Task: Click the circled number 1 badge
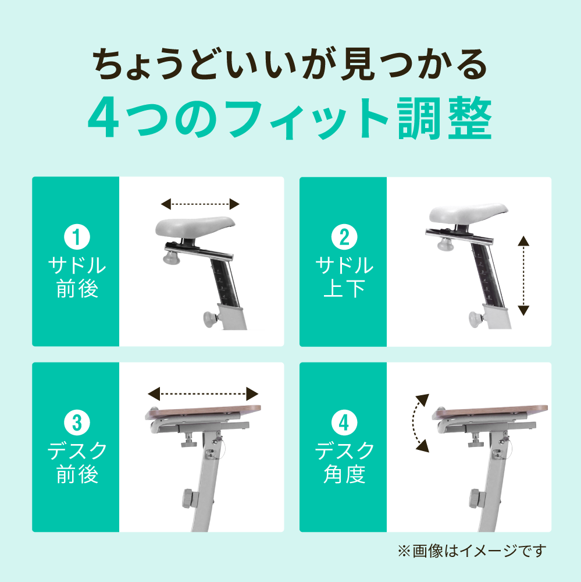[x=77, y=237]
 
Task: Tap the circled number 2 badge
[x=344, y=237]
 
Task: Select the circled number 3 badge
[x=77, y=423]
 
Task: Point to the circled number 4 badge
[x=344, y=423]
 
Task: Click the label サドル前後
[x=77, y=277]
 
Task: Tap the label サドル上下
[x=344, y=277]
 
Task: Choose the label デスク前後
[x=77, y=463]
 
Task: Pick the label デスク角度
[x=344, y=463]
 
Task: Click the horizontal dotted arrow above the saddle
[x=200, y=204]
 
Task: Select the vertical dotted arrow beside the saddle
[x=523, y=275]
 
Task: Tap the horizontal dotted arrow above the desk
[x=203, y=394]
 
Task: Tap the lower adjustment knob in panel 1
[x=211, y=320]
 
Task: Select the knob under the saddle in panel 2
[x=445, y=245]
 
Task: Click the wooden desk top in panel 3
[x=204, y=412]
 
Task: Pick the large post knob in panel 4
[x=475, y=499]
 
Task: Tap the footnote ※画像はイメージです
[x=472, y=551]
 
